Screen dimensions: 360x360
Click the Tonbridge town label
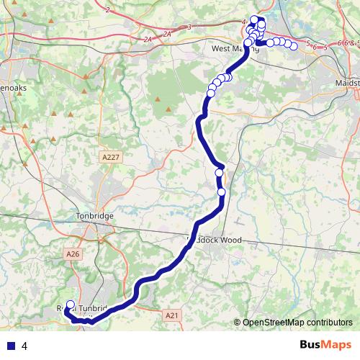point(95,215)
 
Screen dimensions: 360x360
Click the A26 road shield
point(73,253)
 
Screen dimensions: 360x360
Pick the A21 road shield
point(171,315)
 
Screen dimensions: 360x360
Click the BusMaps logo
point(325,346)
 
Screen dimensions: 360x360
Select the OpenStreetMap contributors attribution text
point(297,322)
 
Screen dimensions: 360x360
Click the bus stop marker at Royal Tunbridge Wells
point(70,305)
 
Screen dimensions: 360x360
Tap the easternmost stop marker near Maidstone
point(294,47)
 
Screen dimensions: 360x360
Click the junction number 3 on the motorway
point(189,27)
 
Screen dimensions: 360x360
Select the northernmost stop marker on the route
point(254,19)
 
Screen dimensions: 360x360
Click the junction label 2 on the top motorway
point(107,9)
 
